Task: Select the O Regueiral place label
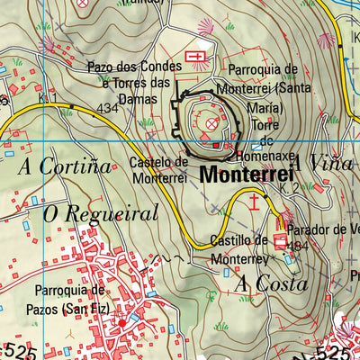coord(101,214)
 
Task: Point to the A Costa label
coord(271,283)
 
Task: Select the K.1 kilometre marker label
coord(48,96)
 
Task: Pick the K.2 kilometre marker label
coord(288,188)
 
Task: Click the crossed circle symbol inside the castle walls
coord(213,122)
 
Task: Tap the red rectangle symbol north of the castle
coord(194,58)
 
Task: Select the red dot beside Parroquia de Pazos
coord(123,322)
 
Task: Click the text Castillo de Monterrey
coord(238,248)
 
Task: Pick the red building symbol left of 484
coord(280,240)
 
